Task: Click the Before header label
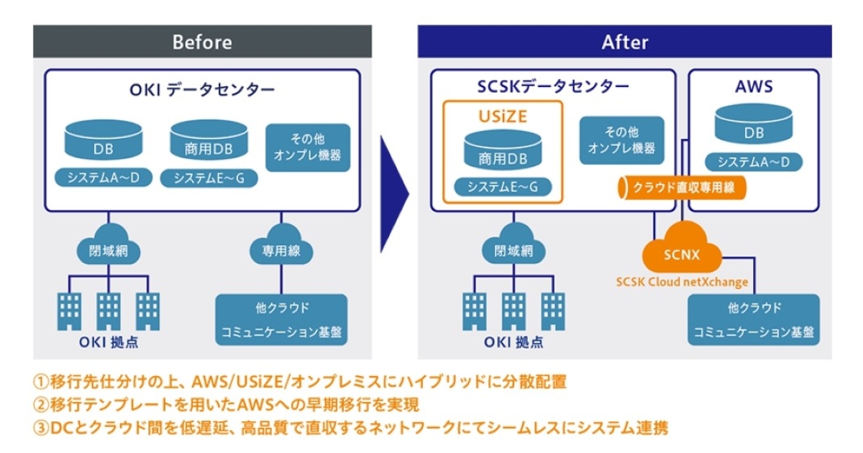pyautogui.click(x=202, y=42)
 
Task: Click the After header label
pyautogui.click(x=624, y=42)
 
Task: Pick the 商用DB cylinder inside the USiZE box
pyautogui.click(x=503, y=150)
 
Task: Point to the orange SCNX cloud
pyautogui.click(x=680, y=254)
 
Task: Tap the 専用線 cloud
pyautogui.click(x=280, y=250)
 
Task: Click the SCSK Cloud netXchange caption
pyautogui.click(x=682, y=282)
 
